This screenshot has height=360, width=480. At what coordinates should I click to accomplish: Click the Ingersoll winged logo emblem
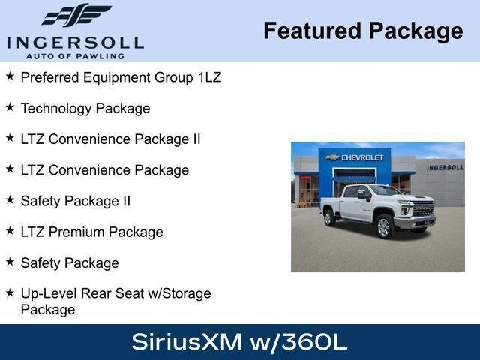coord(76,15)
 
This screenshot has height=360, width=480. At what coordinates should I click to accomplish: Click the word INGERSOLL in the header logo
coord(75,42)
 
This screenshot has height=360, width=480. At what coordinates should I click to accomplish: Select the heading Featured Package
coord(363,31)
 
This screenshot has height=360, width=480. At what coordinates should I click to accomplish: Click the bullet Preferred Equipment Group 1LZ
coord(121,77)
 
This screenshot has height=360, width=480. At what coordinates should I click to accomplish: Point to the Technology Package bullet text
coord(85,108)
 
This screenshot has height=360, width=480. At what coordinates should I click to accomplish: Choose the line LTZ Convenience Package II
coord(110,139)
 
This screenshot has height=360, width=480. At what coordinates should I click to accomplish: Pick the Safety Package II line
coord(76,201)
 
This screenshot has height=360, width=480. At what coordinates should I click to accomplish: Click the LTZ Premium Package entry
coord(91,232)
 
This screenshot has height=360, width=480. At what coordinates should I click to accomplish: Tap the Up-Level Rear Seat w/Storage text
coord(116,293)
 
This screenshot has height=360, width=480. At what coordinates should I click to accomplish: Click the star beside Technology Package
coord(10,107)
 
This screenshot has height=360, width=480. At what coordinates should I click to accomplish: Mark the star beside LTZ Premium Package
coord(10,231)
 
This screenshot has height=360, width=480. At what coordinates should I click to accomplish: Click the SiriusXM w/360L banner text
coord(239,342)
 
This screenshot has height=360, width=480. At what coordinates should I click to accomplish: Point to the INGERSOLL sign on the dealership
coord(445,167)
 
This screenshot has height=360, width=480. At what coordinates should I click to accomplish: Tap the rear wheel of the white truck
coord(329,218)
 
